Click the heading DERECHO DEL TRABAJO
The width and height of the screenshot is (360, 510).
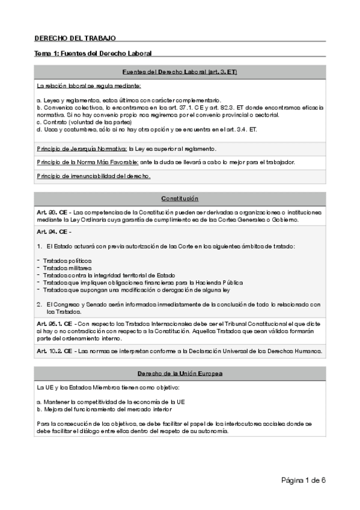click(75, 37)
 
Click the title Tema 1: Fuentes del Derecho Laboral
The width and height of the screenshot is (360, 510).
click(93, 54)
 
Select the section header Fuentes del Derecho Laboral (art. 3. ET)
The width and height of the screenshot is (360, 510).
click(180, 72)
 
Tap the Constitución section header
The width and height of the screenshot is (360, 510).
click(180, 198)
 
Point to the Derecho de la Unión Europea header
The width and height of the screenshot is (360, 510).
click(180, 373)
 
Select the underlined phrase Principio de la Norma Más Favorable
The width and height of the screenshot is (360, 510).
click(87, 162)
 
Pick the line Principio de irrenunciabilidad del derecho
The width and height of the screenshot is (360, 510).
click(94, 176)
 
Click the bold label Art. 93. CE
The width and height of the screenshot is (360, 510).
click(52, 212)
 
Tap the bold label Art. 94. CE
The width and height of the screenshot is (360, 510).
click(52, 232)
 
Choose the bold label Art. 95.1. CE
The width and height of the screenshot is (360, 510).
click(55, 323)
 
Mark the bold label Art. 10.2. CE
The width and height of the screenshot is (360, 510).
click(55, 351)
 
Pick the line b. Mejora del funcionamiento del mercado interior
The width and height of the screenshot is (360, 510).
click(120, 409)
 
